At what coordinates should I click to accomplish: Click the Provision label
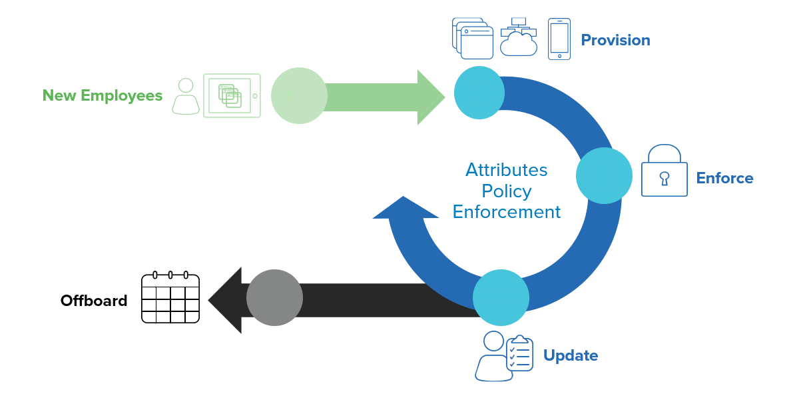click(615, 40)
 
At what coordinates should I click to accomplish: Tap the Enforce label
click(724, 178)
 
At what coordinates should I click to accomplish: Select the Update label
click(571, 355)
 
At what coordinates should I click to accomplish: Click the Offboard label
click(94, 301)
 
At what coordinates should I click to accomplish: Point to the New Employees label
click(103, 95)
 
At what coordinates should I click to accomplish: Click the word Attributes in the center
click(507, 170)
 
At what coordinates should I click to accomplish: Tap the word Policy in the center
click(507, 191)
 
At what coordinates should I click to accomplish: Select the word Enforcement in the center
click(507, 212)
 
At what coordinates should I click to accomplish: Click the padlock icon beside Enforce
click(664, 171)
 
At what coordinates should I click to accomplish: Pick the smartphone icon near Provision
click(559, 39)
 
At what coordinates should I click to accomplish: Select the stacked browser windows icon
click(473, 39)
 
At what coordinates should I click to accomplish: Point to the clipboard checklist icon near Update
click(519, 353)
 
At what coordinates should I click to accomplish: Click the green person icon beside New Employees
click(186, 96)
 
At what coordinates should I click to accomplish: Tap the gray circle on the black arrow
click(274, 297)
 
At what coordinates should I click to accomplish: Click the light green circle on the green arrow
click(299, 95)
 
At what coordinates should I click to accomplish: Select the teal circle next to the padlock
click(604, 175)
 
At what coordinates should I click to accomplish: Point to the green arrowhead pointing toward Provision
click(429, 97)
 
